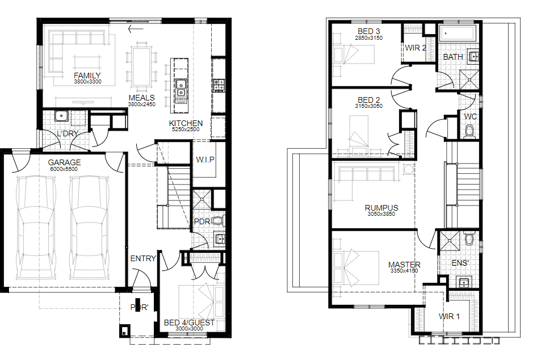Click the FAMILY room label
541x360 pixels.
(x=87, y=76)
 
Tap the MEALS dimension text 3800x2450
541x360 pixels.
(x=141, y=104)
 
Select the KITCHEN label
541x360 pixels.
(x=186, y=123)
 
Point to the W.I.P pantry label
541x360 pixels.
(x=206, y=160)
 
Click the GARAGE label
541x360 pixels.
(x=64, y=162)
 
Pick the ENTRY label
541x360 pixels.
(x=143, y=258)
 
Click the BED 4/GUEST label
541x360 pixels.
(x=189, y=323)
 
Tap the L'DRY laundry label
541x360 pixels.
(x=68, y=133)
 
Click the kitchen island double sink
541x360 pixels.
(x=181, y=89)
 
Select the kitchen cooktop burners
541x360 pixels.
(x=219, y=85)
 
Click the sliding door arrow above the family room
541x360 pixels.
(x=136, y=29)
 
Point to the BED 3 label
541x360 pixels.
(x=369, y=31)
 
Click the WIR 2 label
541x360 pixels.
(x=416, y=48)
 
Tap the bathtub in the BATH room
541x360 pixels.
(x=457, y=34)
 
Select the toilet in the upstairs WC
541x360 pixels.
(x=469, y=132)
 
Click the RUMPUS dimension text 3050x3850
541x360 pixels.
(x=381, y=214)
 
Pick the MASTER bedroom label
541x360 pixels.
(x=404, y=265)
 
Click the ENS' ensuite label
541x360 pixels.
(x=460, y=263)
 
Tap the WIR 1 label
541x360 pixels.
(x=449, y=316)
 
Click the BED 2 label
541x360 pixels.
(x=369, y=100)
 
